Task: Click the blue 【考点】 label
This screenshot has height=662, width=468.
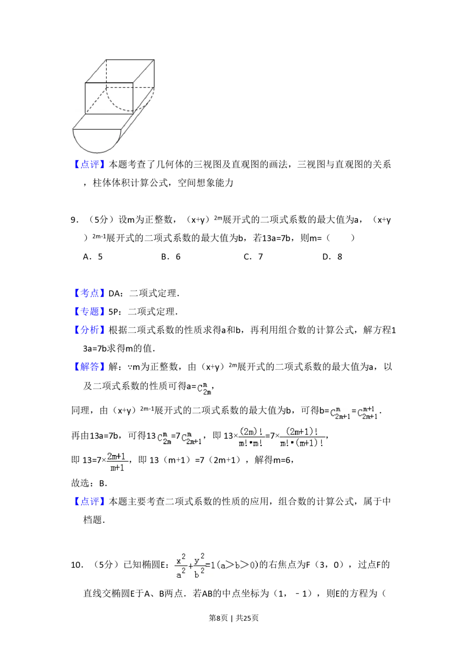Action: (x=89, y=294)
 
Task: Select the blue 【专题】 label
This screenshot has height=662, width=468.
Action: (x=89, y=311)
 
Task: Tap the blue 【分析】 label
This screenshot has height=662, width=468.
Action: (x=89, y=330)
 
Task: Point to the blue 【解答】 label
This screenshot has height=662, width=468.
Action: (x=89, y=366)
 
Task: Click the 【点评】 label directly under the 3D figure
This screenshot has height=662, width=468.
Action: (x=89, y=164)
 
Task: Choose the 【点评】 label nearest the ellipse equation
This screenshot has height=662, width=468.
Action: (x=89, y=501)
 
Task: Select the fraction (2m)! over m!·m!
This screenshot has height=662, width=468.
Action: (x=251, y=437)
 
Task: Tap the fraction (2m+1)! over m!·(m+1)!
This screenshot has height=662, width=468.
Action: (x=301, y=437)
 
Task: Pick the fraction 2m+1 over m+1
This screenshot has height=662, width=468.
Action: (x=117, y=462)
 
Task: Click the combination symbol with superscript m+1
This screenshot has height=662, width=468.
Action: (x=368, y=414)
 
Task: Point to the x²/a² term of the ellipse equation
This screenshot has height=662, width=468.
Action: (x=181, y=566)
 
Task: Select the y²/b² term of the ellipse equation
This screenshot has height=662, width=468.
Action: (x=199, y=566)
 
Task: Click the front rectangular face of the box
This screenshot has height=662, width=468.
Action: (x=109, y=98)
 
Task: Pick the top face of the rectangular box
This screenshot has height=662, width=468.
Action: (x=121, y=71)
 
